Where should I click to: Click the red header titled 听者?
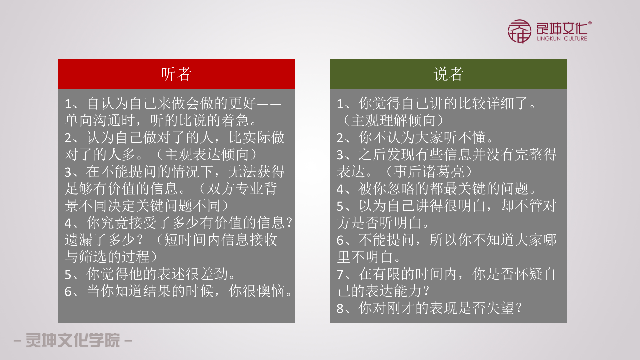click(x=176, y=74)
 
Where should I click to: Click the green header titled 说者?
click(x=448, y=74)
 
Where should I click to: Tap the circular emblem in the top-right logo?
click(x=519, y=31)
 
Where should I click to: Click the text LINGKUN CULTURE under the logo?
click(x=562, y=39)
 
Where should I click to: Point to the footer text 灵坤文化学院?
click(x=73, y=340)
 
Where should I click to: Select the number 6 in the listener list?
click(x=68, y=292)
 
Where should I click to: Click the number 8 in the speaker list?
click(x=340, y=309)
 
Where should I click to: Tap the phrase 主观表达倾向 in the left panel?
click(x=207, y=155)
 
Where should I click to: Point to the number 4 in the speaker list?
click(x=340, y=189)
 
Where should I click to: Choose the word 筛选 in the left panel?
click(x=93, y=257)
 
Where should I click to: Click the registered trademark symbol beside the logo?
click(x=590, y=23)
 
